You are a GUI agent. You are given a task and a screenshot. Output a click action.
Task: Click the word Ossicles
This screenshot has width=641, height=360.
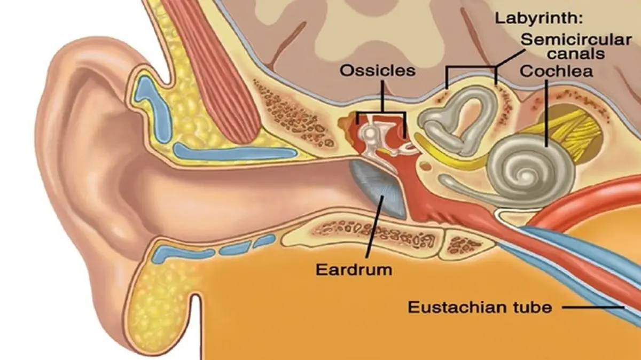(378, 71)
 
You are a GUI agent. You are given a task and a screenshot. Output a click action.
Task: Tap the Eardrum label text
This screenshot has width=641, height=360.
(354, 270)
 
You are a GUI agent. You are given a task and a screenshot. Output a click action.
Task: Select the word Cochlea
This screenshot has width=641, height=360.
(556, 71)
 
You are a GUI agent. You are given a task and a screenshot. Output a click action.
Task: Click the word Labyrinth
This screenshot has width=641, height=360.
(539, 19)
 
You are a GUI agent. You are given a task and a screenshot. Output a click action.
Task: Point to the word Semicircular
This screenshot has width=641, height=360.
(576, 40)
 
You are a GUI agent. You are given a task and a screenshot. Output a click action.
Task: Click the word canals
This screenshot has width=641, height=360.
(576, 53)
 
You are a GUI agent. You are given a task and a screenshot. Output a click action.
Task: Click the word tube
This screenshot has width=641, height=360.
(530, 307)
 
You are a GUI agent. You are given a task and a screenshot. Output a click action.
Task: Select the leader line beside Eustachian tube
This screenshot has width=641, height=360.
(592, 308)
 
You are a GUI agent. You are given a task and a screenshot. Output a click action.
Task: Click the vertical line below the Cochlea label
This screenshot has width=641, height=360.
(546, 113)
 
